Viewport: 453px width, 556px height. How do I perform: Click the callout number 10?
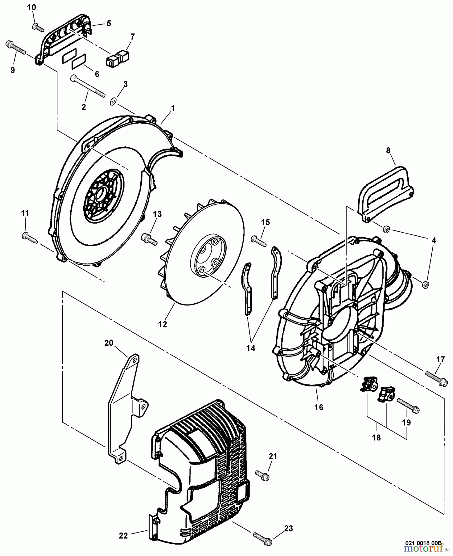[x=31, y=7]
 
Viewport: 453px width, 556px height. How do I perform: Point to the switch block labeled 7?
[x=117, y=58]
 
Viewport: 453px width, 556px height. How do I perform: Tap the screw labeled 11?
[x=30, y=237]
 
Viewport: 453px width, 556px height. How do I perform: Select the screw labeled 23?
[x=262, y=535]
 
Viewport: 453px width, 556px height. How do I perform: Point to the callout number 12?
[x=163, y=324]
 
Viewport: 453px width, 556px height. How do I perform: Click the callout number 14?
[x=251, y=348]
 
